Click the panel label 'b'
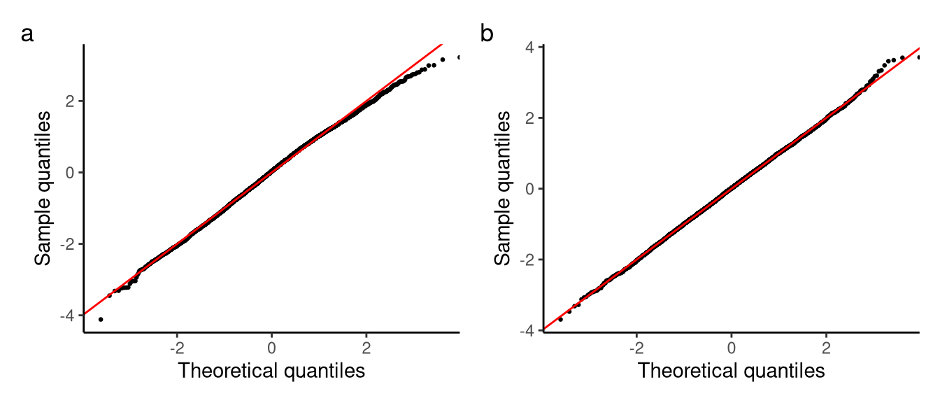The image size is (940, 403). (487, 34)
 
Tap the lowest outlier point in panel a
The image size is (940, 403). (101, 319)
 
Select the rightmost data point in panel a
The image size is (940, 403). (459, 57)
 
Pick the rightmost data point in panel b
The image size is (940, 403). (918, 57)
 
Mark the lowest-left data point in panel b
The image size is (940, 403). (560, 319)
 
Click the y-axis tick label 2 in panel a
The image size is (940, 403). (71, 101)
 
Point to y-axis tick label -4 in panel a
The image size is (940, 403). (68, 316)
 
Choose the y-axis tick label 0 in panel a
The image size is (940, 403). (71, 172)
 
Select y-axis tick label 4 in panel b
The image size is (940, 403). (530, 47)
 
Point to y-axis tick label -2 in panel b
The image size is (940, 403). (527, 260)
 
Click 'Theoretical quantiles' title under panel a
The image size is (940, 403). (271, 371)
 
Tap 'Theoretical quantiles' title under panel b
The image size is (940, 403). (731, 371)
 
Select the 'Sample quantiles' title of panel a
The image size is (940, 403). (44, 187)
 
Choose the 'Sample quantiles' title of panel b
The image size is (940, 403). (503, 187)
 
